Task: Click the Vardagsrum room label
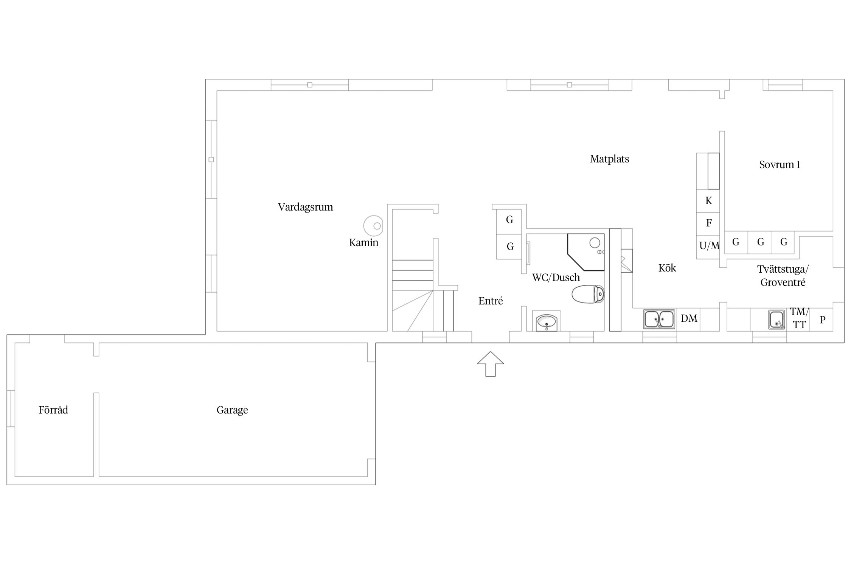pyautogui.click(x=305, y=207)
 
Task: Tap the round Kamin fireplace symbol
pyautogui.click(x=373, y=226)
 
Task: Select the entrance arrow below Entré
pyautogui.click(x=490, y=364)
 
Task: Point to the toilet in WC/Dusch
pyautogui.click(x=588, y=294)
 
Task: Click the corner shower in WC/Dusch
pyautogui.click(x=586, y=252)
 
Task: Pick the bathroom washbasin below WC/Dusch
pyautogui.click(x=546, y=322)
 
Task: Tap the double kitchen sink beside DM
pyautogui.click(x=659, y=319)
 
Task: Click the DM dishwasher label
pyautogui.click(x=689, y=318)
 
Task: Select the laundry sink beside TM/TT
pyautogui.click(x=776, y=320)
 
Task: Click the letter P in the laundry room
pyautogui.click(x=822, y=320)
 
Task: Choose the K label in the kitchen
pyautogui.click(x=709, y=201)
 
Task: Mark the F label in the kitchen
pyautogui.click(x=709, y=223)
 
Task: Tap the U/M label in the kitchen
pyautogui.click(x=710, y=246)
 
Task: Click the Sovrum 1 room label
pyautogui.click(x=780, y=165)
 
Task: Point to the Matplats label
pyautogui.click(x=609, y=159)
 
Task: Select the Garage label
pyautogui.click(x=232, y=410)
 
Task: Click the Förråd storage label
pyautogui.click(x=53, y=410)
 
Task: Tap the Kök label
pyautogui.click(x=667, y=268)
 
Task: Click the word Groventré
pyautogui.click(x=783, y=282)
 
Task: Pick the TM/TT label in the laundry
pyautogui.click(x=799, y=318)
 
